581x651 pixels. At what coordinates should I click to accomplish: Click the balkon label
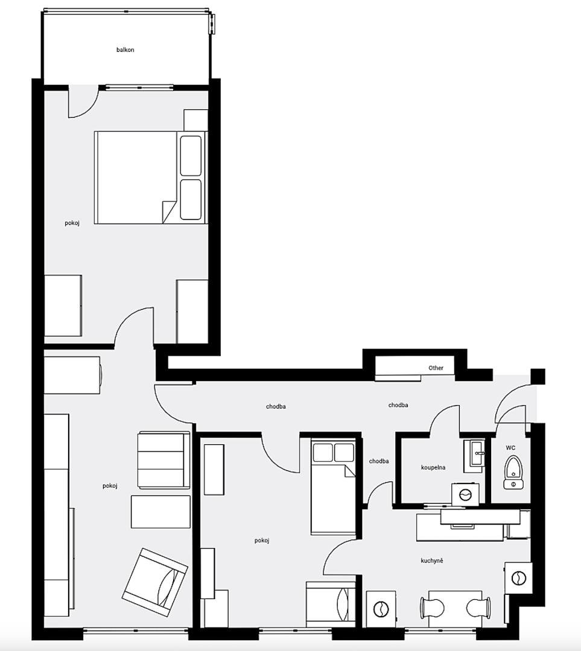coord(125,50)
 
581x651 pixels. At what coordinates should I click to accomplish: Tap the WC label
coord(510,447)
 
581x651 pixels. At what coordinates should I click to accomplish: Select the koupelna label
coord(433,468)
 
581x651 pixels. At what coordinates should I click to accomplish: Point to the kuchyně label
coord(432,561)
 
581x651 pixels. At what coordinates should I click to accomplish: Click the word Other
coord(436,368)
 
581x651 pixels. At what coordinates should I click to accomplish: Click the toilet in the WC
coord(513,473)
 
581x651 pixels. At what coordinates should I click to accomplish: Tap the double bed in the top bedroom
coord(150,178)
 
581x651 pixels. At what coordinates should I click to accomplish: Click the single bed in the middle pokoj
coord(333,486)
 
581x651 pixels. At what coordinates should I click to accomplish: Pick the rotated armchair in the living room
coord(155,583)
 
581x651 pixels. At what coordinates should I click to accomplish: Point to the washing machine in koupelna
coord(465,494)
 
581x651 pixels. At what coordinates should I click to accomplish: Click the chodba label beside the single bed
coord(379,461)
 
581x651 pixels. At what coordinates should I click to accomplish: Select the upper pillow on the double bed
coord(191,156)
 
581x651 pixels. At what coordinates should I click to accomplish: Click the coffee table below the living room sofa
coord(160,512)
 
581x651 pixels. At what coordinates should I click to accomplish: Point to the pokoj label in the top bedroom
coord(72,224)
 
